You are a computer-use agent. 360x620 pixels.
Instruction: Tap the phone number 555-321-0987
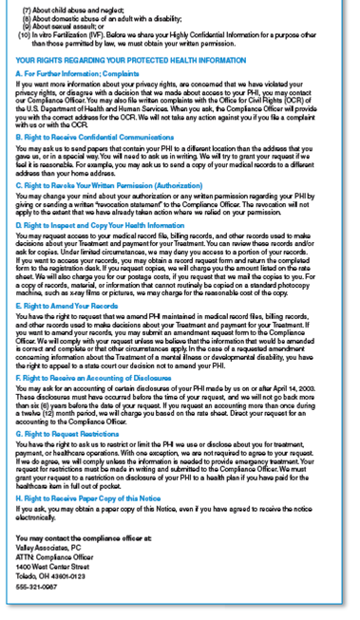37,587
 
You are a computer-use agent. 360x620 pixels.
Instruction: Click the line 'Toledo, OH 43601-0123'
51,575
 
